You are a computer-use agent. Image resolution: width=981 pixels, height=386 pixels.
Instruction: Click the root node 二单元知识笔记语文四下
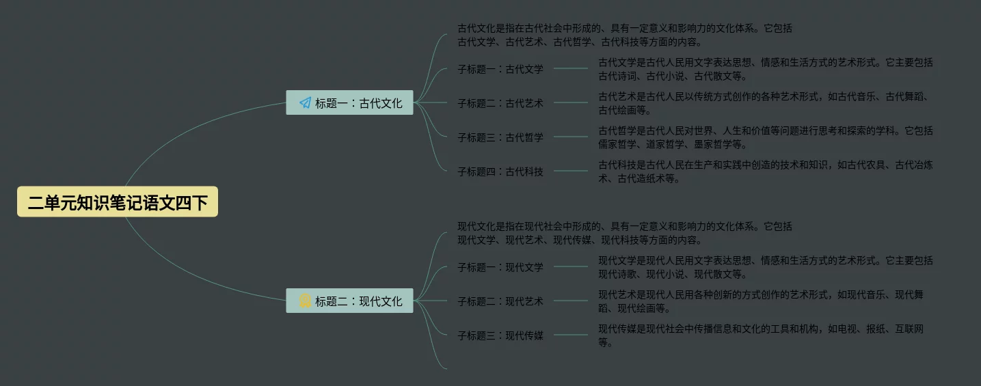coord(118,202)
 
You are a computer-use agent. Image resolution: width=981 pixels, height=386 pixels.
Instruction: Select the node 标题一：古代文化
coord(349,103)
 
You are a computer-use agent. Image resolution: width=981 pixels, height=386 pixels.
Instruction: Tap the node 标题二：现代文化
coord(349,301)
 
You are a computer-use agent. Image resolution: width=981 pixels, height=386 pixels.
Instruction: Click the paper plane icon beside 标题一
coord(305,103)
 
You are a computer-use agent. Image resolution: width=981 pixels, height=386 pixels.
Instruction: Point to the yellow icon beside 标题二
coord(305,301)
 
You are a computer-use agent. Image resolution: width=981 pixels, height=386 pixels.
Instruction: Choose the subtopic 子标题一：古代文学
coord(500,69)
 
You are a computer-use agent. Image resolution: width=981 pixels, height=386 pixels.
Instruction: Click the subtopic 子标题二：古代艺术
coord(500,103)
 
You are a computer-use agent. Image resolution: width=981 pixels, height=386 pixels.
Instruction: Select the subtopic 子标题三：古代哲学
coord(500,137)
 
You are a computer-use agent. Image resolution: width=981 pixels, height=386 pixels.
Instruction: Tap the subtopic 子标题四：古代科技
coord(500,171)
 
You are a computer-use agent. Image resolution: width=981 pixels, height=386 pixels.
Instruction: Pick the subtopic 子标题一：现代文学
coord(500,267)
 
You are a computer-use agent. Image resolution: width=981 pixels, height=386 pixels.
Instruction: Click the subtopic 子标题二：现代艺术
coord(500,301)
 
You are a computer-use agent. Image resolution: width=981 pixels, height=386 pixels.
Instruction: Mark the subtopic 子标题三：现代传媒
coord(500,335)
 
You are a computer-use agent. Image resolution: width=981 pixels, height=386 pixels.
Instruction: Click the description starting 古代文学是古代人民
coord(765,69)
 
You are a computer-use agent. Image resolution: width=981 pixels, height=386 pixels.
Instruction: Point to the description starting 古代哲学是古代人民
coord(765,137)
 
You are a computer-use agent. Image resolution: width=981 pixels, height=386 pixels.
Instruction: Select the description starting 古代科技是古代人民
coord(765,171)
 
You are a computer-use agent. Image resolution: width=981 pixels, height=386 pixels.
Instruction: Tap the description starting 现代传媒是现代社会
coord(760,335)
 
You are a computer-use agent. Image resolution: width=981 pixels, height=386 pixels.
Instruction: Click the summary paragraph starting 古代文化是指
coord(624,35)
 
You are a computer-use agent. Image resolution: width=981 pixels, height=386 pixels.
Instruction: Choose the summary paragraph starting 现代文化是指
coord(624,233)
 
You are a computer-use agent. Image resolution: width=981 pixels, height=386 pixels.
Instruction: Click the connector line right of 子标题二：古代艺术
coord(570,103)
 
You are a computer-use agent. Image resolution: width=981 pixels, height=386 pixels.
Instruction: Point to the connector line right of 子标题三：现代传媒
coord(570,335)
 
